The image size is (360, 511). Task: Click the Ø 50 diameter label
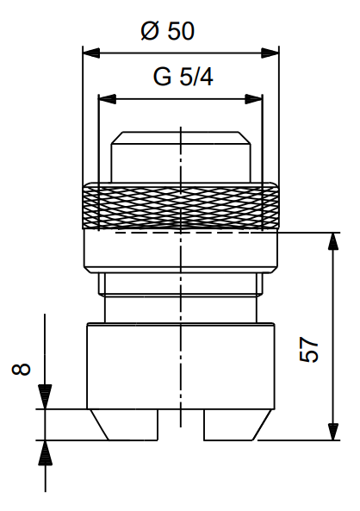click(167, 31)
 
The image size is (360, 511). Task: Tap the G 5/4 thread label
click(183, 77)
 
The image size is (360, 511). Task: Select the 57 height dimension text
click(308, 350)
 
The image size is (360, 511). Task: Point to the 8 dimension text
click(22, 369)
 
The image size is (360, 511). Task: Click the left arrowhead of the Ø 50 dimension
click(91, 53)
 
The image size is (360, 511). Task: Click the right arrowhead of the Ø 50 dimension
click(270, 53)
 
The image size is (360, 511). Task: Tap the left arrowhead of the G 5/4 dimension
click(107, 99)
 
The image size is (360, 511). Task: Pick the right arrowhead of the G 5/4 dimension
click(253, 99)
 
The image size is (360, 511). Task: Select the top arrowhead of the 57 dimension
click(333, 241)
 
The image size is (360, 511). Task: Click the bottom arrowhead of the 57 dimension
click(333, 432)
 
